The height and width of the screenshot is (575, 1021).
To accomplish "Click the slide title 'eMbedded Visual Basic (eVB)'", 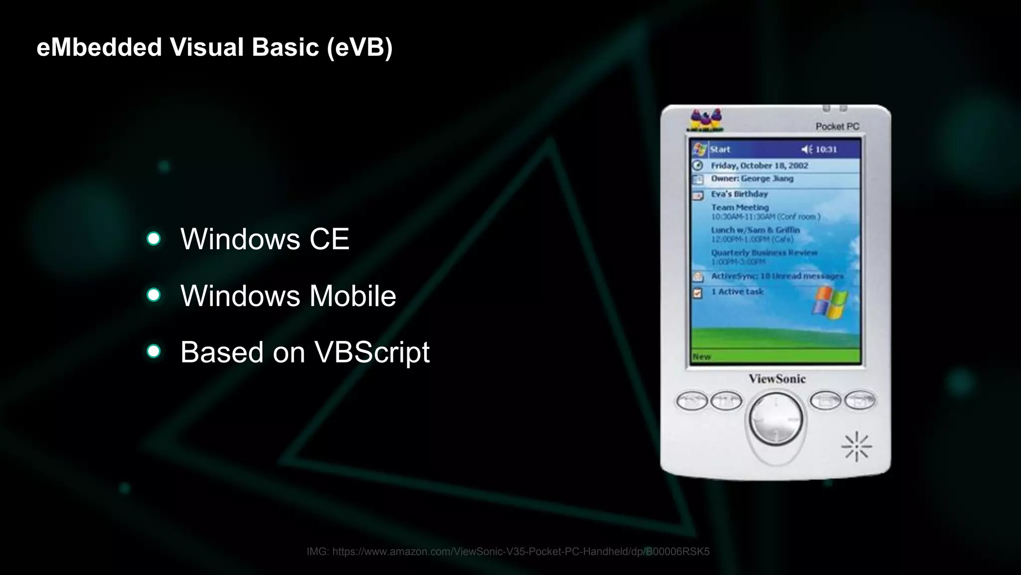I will click(214, 47).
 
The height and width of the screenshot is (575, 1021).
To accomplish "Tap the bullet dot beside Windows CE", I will click(154, 239).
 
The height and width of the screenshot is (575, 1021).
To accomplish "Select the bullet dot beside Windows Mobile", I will click(154, 295).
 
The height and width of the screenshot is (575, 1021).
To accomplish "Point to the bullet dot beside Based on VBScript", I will click(154, 351).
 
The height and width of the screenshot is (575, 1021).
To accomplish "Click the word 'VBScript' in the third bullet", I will click(371, 352).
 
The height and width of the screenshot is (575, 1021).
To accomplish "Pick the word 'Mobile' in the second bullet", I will click(352, 296).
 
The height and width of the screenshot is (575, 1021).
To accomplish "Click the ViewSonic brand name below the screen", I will click(777, 379).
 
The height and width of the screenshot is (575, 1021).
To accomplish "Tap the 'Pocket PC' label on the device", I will click(837, 127).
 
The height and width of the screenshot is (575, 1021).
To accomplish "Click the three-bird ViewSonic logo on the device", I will click(705, 120).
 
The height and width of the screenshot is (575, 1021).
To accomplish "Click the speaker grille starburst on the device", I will click(856, 446).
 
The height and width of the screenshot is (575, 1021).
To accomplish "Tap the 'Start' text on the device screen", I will click(720, 149).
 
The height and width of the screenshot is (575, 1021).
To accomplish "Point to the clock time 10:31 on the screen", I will click(826, 149).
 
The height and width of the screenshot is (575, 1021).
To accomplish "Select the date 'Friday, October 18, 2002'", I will click(759, 165).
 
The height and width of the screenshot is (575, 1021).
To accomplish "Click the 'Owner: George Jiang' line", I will click(752, 179).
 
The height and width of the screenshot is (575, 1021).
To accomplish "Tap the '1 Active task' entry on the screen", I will click(737, 291).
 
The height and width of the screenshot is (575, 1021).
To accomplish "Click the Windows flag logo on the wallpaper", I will click(830, 302).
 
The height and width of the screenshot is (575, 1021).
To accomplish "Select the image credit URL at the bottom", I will click(508, 552).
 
